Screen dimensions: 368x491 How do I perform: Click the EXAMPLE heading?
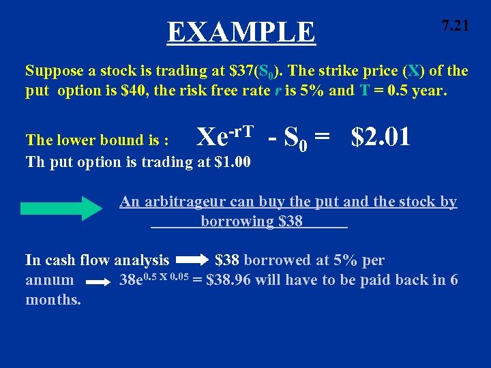click(x=241, y=32)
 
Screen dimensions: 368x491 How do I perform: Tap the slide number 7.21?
click(x=454, y=27)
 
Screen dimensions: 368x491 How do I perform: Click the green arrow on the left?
click(x=61, y=208)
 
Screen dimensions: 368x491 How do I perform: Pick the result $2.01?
click(x=381, y=137)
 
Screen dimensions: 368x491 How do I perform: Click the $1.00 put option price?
click(x=232, y=162)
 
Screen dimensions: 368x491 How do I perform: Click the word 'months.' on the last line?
click(x=53, y=299)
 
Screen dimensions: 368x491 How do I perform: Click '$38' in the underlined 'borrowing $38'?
click(x=291, y=221)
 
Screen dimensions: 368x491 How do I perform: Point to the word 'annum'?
click(x=50, y=280)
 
